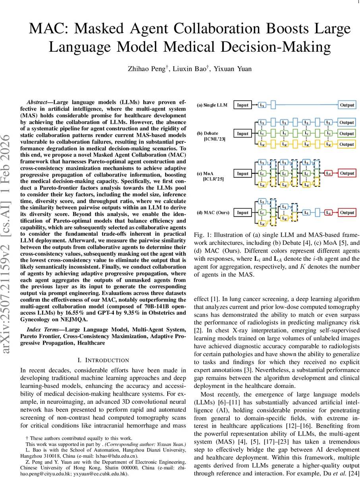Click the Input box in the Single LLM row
(242, 105)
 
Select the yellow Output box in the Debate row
(347, 144)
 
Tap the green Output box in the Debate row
(347, 134)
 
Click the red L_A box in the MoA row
(328, 173)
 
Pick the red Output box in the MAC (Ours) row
(347, 213)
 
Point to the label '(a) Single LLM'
(212, 105)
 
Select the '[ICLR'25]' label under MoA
(214, 179)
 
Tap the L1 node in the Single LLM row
(262, 105)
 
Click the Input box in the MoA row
(242, 174)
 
